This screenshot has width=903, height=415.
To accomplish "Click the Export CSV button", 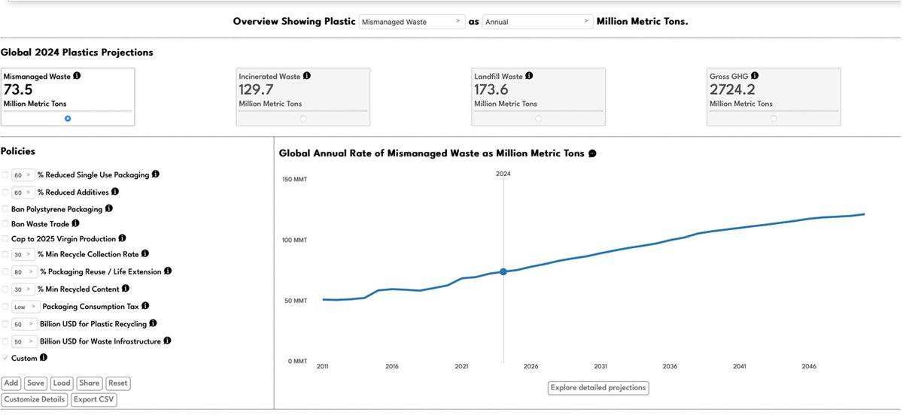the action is [x=94, y=399].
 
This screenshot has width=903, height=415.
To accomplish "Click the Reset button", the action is [x=117, y=383].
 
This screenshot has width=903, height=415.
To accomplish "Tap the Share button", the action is [x=89, y=383].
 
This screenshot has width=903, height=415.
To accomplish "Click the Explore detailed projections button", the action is [x=598, y=388].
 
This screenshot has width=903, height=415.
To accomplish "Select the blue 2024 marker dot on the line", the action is [x=503, y=272].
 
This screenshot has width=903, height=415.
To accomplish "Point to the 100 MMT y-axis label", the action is [x=294, y=240].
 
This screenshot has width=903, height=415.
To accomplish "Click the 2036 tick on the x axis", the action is [x=670, y=366].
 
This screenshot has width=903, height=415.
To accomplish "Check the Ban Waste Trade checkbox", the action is [x=5, y=224].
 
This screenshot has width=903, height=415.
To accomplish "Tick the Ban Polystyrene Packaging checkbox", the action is [x=5, y=209].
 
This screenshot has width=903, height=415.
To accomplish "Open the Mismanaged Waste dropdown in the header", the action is [x=412, y=22].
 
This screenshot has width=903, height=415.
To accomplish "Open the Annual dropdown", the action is [x=537, y=22].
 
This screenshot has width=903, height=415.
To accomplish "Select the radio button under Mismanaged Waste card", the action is [x=68, y=119].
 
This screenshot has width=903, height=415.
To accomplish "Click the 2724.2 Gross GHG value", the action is [x=732, y=89].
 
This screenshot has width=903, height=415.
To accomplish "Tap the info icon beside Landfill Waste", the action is [x=529, y=76].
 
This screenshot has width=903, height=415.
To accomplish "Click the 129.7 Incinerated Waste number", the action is [x=256, y=89].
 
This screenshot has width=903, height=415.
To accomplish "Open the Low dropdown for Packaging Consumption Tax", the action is [x=26, y=307].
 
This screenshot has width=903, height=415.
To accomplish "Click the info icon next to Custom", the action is [x=44, y=357].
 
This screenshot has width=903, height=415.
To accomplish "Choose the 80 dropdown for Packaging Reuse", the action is [x=24, y=272].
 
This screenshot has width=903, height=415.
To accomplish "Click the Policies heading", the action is [x=18, y=152].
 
